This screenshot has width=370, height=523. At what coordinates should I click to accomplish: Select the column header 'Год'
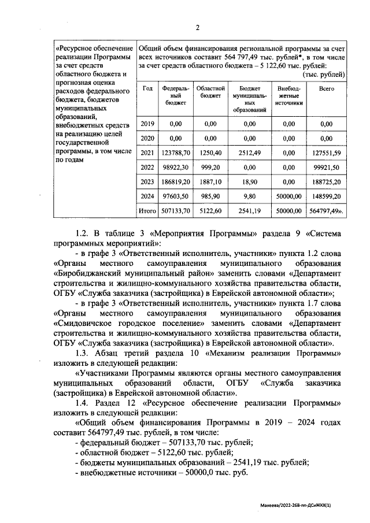(x=147, y=88)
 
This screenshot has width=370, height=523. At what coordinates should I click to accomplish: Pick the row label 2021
(x=147, y=153)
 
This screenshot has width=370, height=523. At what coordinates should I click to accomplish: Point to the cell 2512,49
(x=249, y=153)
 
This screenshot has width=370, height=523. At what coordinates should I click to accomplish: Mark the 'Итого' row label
(x=147, y=212)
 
